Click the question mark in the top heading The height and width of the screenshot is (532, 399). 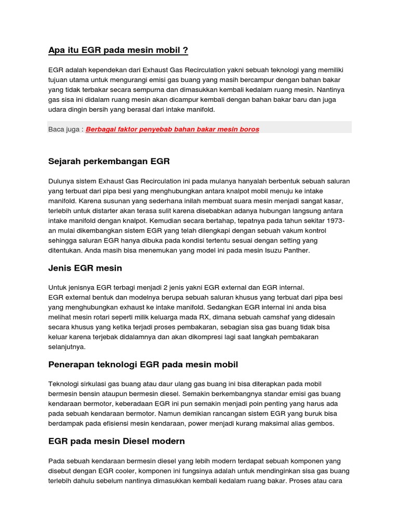[185, 50]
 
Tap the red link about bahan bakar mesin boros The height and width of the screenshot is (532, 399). [172, 129]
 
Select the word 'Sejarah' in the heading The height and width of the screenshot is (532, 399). [64, 162]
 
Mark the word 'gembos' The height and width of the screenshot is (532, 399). [320, 423]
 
